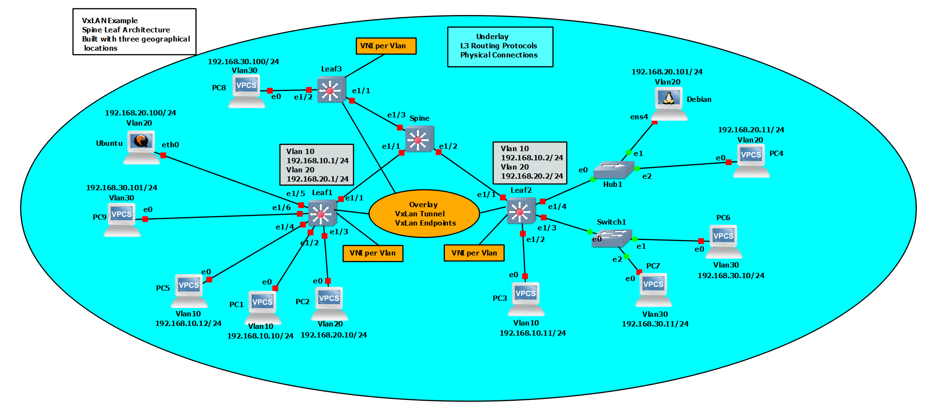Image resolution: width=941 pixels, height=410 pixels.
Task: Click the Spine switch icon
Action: (x=419, y=139)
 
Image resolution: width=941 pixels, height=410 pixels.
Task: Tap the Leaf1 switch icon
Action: (x=322, y=212)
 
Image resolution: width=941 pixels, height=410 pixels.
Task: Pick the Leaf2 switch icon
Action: (x=521, y=211)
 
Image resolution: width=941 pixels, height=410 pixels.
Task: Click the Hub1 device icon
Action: (x=613, y=170)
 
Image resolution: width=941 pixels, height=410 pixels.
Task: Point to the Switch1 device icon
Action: (x=612, y=238)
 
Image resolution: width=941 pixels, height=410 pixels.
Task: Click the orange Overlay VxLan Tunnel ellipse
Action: (x=424, y=213)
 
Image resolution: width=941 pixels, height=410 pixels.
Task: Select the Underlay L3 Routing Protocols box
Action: (x=500, y=46)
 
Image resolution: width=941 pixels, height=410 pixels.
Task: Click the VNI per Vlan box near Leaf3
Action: (x=385, y=46)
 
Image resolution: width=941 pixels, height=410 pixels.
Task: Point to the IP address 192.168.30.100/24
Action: (x=243, y=62)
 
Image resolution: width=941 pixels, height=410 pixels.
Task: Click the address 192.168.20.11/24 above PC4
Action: (x=751, y=130)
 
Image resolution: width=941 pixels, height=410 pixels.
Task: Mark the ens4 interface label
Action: (x=639, y=117)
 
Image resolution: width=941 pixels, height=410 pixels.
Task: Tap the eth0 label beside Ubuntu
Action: (x=170, y=145)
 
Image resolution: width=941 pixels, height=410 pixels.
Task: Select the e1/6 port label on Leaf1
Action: (x=281, y=208)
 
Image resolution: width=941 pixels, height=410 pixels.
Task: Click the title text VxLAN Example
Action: (x=110, y=21)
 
